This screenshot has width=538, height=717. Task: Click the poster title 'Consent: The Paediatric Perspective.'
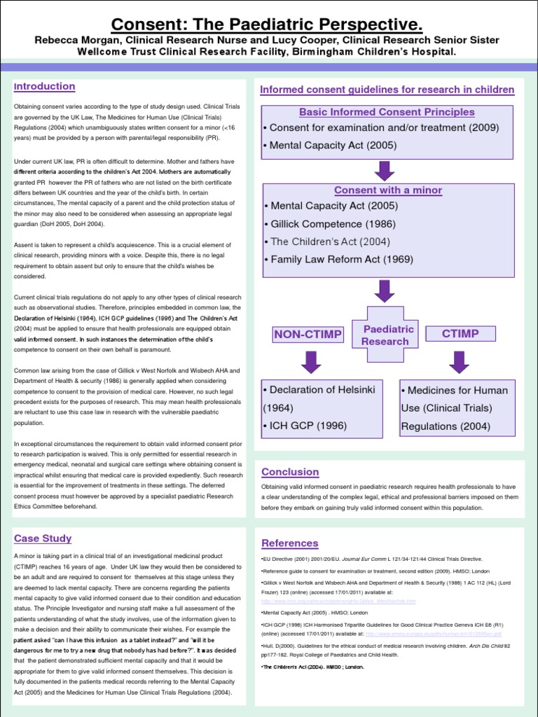click(268, 25)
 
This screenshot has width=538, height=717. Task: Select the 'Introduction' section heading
click(45, 87)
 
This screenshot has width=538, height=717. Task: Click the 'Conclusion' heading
click(289, 472)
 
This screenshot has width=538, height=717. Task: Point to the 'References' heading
click(289, 543)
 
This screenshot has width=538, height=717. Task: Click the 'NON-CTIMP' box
click(308, 335)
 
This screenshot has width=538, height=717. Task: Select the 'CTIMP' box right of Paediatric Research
click(460, 334)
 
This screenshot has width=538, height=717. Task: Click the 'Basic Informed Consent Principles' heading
click(387, 112)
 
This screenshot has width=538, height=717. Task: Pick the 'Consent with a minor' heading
click(387, 190)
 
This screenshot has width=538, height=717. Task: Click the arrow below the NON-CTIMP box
click(310, 362)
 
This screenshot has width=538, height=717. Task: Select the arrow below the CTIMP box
click(460, 362)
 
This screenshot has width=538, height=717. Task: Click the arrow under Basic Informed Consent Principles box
click(384, 170)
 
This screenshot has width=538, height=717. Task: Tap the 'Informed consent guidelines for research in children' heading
click(387, 90)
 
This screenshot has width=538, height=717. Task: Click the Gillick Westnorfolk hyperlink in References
click(338, 601)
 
